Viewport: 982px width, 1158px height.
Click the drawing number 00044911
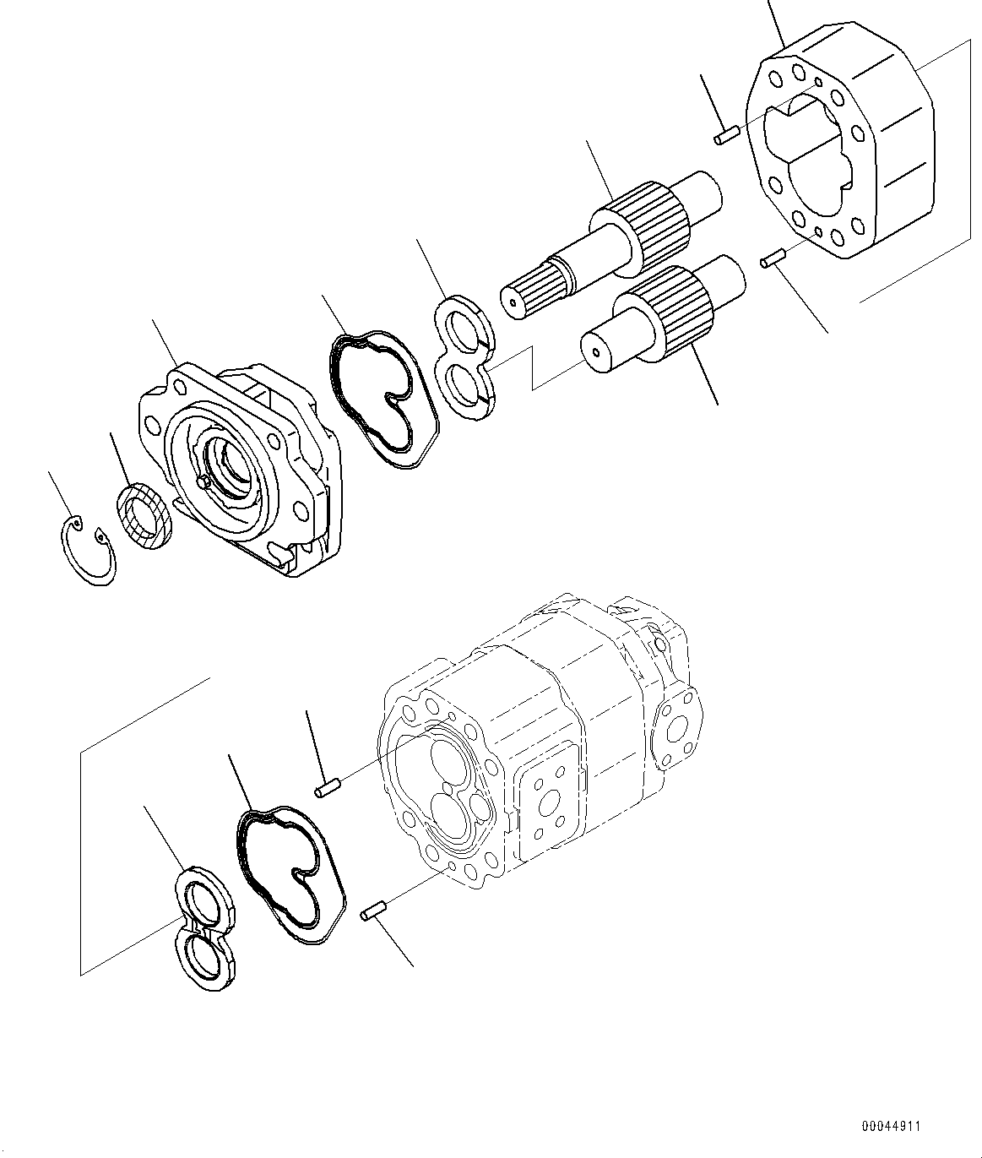891,1127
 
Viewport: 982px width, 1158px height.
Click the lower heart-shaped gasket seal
290,874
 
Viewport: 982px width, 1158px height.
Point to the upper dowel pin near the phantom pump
326,789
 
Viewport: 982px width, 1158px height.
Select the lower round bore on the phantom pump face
446,814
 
